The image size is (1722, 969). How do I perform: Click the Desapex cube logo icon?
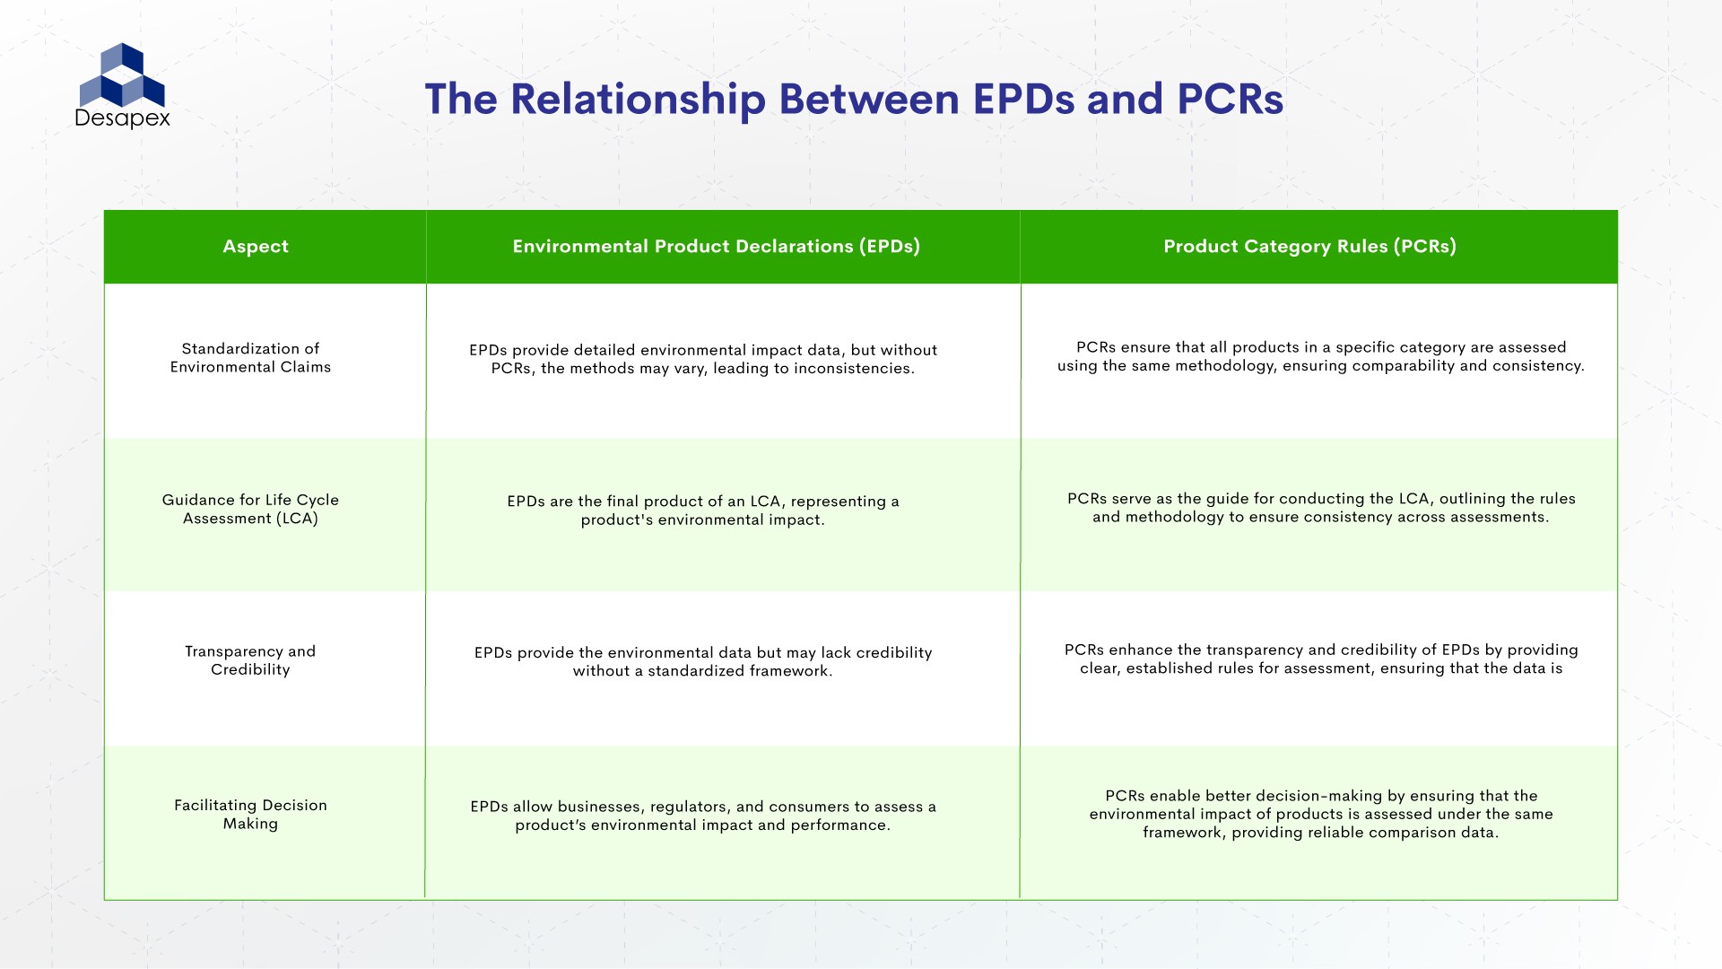122,75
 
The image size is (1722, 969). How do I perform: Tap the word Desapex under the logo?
122,118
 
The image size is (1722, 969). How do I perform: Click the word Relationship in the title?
637,99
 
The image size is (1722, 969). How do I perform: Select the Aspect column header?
256,247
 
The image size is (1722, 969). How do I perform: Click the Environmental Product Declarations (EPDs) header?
716,247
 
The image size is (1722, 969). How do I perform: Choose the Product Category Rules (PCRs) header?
1309,247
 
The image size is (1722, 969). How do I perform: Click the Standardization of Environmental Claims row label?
250,358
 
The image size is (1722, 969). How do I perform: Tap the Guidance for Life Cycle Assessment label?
250,509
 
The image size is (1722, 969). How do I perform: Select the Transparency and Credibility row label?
250,660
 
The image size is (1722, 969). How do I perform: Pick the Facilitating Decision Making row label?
250,815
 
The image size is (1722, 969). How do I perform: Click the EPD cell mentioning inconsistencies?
702,360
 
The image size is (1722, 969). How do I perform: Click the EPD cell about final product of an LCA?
702,511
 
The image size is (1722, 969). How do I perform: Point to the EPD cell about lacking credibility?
702,662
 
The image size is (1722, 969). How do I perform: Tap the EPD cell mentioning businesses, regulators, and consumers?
702,816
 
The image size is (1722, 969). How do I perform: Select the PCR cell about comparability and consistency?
1320,357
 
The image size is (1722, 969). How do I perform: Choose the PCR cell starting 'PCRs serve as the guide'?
1320,508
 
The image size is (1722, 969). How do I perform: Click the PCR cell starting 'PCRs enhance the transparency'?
1320,659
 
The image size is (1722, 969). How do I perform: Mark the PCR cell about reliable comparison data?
1320,815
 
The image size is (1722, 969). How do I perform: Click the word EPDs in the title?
1023,99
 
